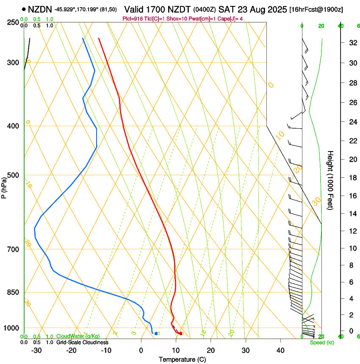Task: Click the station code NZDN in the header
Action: pos(40,9)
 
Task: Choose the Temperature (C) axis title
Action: pos(182,359)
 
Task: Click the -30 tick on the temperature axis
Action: pos(36,350)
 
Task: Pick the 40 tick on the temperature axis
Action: pos(280,350)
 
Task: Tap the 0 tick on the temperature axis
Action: pos(141,350)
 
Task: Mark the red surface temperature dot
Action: pos(181,334)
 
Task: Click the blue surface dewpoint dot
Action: pos(156,334)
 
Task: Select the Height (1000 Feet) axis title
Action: pos(330,180)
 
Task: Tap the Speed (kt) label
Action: pos(322,342)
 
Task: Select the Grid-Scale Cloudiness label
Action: pos(82,342)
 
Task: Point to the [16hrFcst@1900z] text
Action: pos(316,9)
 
